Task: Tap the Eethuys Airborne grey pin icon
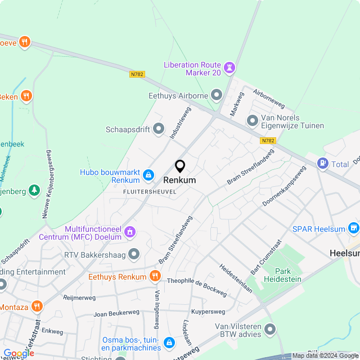[x=217, y=96]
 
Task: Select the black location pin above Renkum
[x=180, y=166]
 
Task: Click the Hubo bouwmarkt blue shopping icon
[x=148, y=175]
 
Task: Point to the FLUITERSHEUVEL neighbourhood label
[x=150, y=191]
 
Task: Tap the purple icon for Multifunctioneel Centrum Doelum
[x=130, y=231]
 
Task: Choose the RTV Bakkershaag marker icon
[x=134, y=254]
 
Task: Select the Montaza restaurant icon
[x=37, y=306]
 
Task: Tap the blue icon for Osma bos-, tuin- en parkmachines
[x=168, y=342]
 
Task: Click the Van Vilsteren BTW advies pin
[x=270, y=330]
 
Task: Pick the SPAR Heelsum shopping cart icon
[x=353, y=228]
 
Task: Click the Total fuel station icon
[x=323, y=164]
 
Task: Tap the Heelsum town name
[x=344, y=254]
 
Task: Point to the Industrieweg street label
[x=181, y=123]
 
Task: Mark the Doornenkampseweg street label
[x=283, y=185]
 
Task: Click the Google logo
[x=19, y=353]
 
